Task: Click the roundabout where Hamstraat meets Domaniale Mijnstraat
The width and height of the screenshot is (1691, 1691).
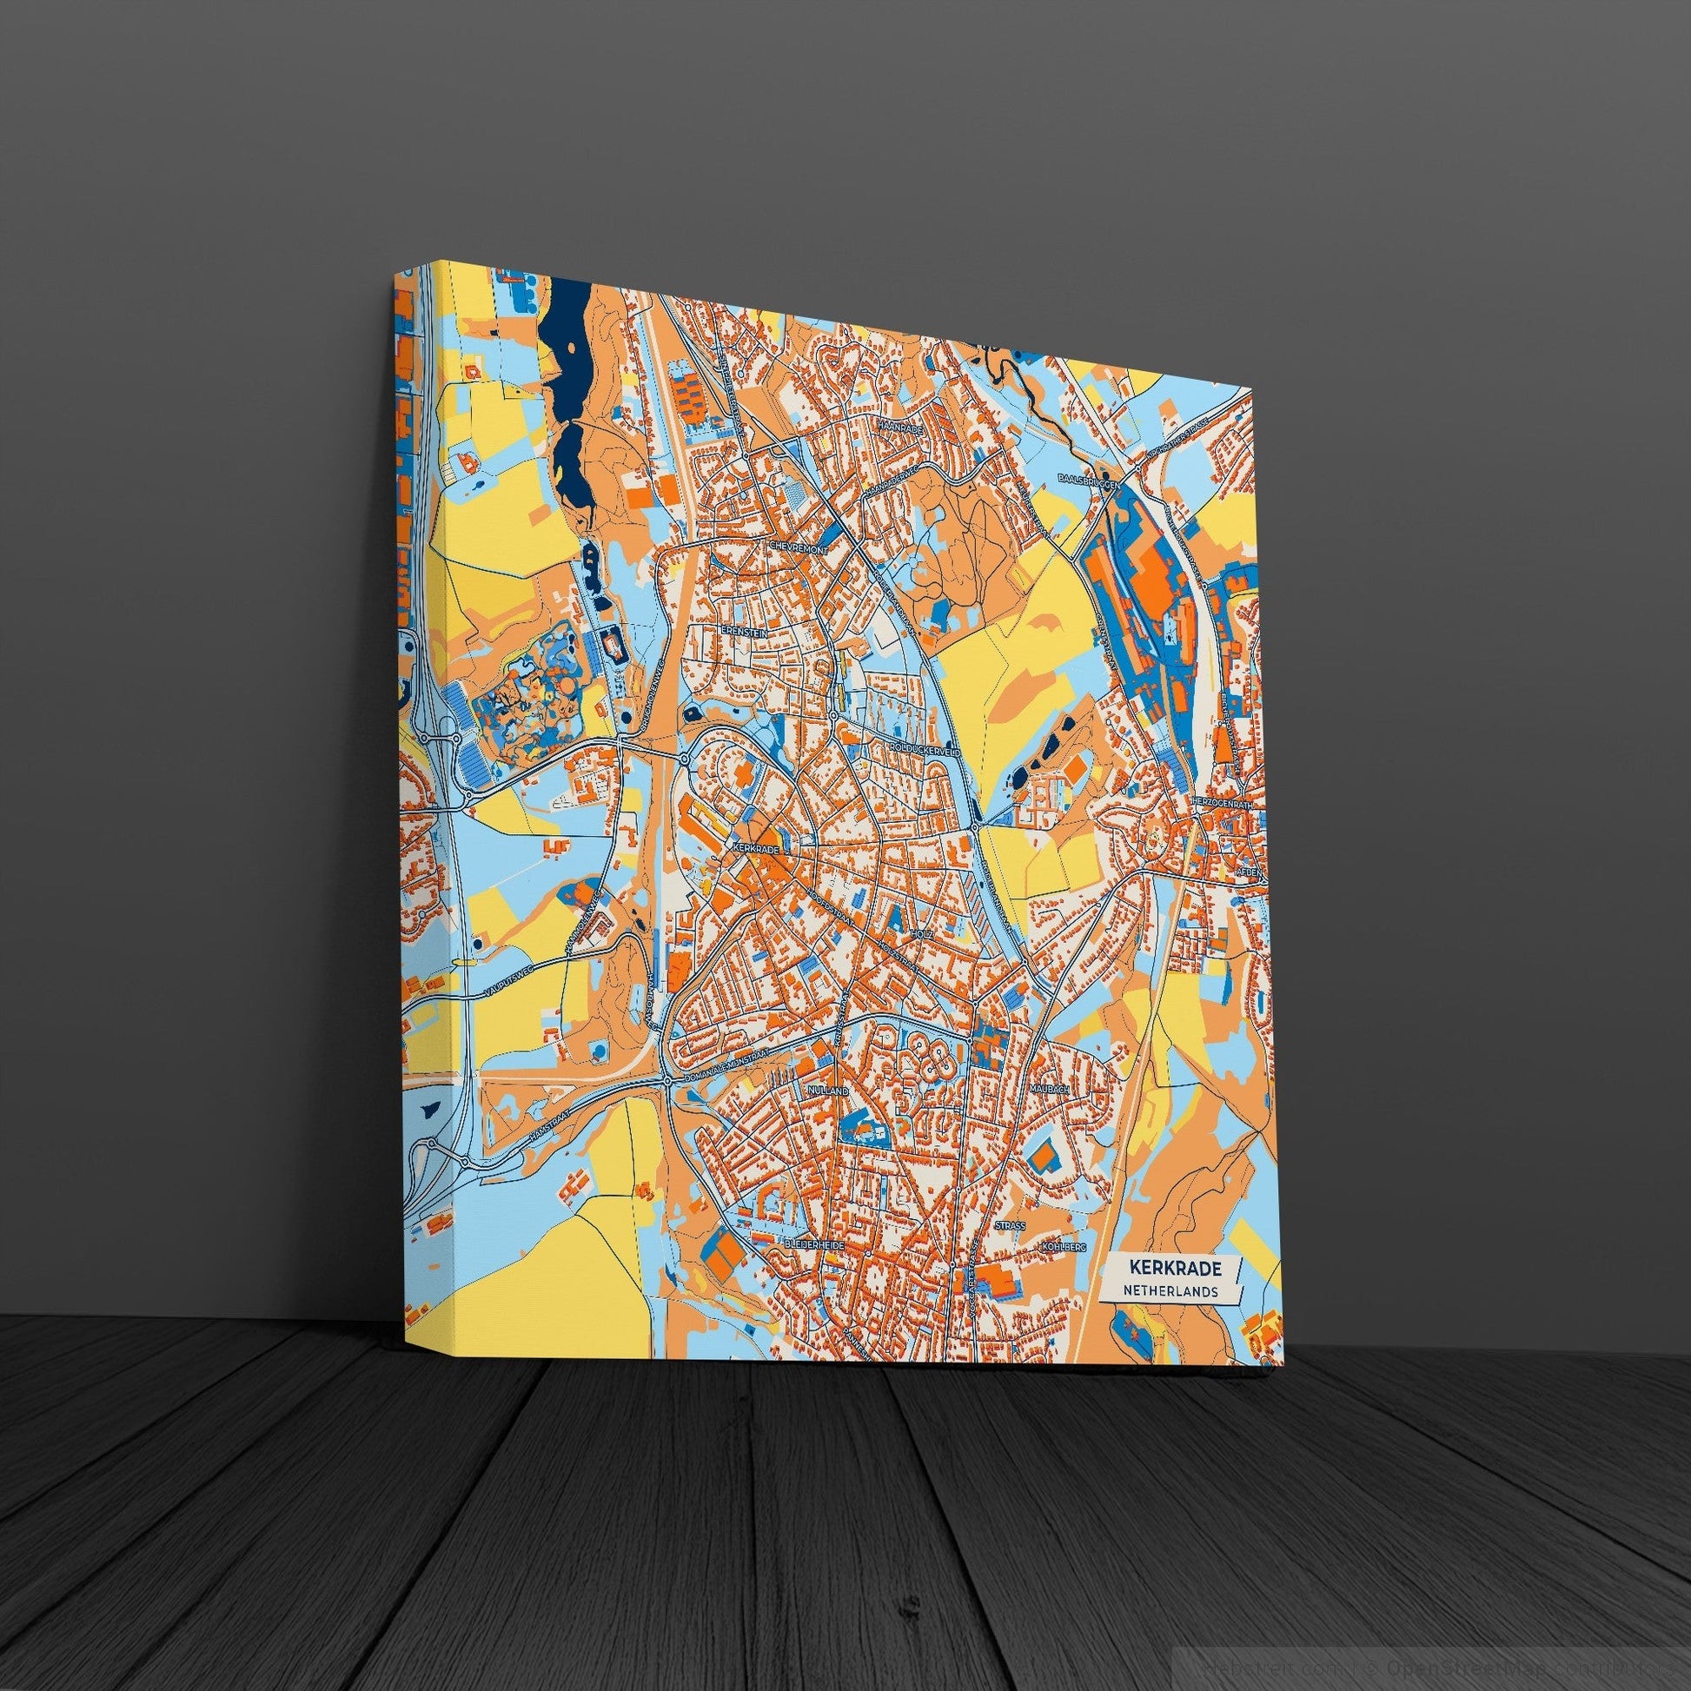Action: [x=668, y=1084]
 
